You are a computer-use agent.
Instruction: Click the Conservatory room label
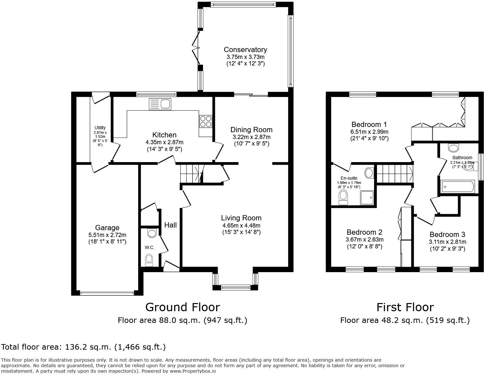click(x=245, y=49)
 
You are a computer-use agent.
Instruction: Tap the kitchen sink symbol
click(x=160, y=104)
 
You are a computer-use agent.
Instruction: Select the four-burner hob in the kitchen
click(x=206, y=121)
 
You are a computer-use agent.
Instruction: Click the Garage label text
click(x=107, y=228)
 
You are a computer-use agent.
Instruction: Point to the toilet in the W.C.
click(x=149, y=259)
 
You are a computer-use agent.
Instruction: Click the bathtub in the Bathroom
click(x=457, y=187)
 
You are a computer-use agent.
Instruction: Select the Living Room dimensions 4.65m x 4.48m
click(x=241, y=225)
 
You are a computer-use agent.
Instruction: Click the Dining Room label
click(x=251, y=130)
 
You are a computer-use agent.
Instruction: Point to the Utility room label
click(x=100, y=128)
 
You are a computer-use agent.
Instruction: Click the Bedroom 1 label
click(x=369, y=124)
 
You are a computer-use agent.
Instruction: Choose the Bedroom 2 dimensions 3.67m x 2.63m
click(x=364, y=240)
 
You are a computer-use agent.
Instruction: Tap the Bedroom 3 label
click(x=447, y=234)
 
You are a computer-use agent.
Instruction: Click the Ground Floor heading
click(x=182, y=307)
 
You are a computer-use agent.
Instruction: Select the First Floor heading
click(x=405, y=307)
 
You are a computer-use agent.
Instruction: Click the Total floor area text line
click(x=83, y=347)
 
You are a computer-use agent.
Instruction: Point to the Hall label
click(x=170, y=225)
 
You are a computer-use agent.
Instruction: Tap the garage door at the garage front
click(x=107, y=293)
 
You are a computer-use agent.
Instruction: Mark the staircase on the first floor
click(x=395, y=174)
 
